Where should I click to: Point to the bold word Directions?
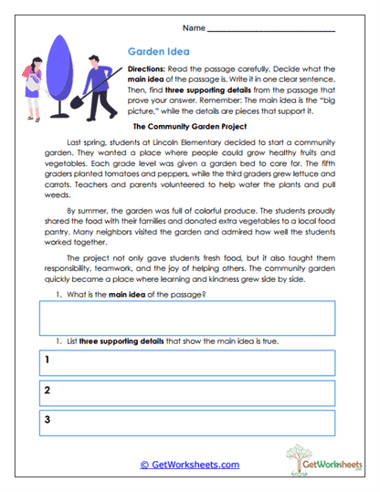(146, 69)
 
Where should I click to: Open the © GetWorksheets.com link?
(190, 464)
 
